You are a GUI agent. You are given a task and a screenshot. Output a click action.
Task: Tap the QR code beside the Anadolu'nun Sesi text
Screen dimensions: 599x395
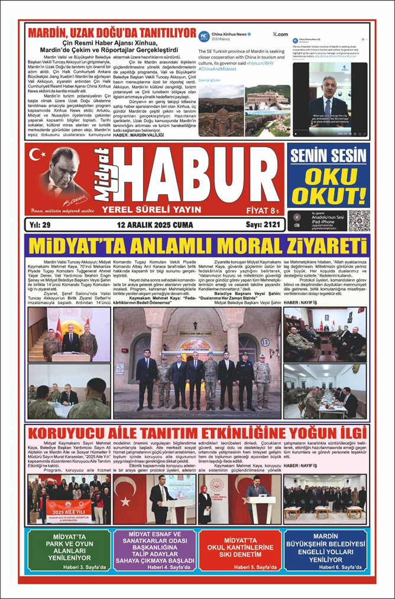pyautogui.click(x=358, y=221)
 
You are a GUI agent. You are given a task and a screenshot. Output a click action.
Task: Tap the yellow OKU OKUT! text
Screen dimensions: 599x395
pyautogui.click(x=328, y=186)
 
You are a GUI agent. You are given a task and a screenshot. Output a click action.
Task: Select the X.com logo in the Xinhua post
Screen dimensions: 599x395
pyautogui.click(x=280, y=35)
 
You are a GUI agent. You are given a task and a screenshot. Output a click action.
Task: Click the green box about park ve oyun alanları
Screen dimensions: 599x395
pyautogui.click(x=68, y=549)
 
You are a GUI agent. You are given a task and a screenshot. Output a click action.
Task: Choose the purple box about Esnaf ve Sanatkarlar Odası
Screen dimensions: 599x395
pyautogui.click(x=154, y=549)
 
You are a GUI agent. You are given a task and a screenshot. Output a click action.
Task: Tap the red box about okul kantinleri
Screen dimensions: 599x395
pyautogui.click(x=239, y=549)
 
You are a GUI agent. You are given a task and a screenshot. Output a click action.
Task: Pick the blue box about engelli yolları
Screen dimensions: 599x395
pyautogui.click(x=325, y=549)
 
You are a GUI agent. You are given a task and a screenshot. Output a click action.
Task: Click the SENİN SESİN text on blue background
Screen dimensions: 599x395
pyautogui.click(x=328, y=156)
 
